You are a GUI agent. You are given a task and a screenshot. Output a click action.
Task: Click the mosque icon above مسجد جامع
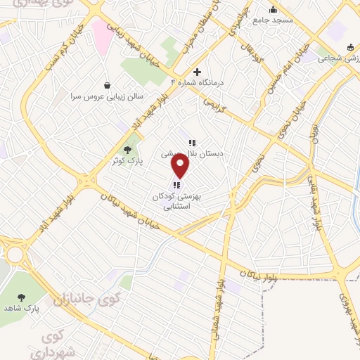point(273,10)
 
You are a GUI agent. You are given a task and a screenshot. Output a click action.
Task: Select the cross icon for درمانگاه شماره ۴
point(198,72)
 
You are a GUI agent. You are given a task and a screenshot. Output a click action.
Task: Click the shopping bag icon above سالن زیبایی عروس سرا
point(106,84)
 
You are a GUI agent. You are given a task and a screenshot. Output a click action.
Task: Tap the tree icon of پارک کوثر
point(127,149)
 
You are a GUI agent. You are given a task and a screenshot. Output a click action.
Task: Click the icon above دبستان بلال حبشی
point(192,143)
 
